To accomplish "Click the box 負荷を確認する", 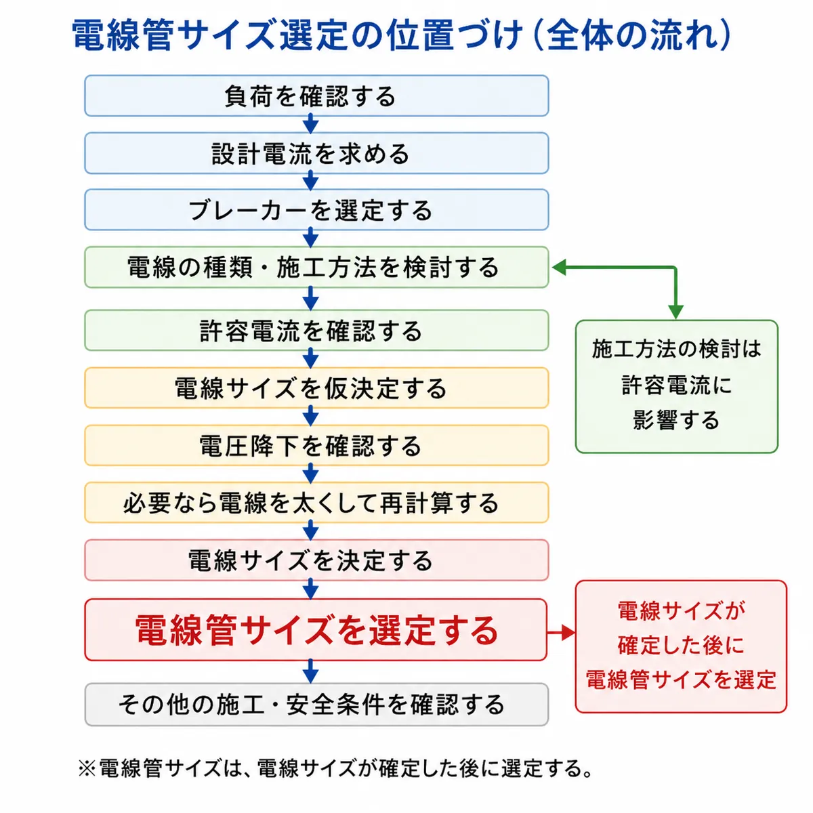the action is pos(316,96).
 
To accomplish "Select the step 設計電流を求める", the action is pos(316,153).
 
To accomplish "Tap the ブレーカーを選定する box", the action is pos(316,209).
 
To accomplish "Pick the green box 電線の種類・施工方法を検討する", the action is pos(316,267).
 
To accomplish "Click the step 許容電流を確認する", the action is pos(316,331).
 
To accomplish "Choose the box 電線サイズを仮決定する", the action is pos(316,388).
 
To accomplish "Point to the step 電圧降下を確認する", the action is pos(316,445).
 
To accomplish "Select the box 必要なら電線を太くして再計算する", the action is pos(316,503).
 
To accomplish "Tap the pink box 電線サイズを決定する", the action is pos(316,560).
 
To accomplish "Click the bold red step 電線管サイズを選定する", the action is pos(316,630).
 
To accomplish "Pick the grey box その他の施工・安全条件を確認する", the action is pos(316,705).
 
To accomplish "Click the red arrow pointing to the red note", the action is pos(561,632).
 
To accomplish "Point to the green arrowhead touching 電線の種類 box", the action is pos(558,267).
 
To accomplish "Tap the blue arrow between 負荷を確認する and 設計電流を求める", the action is pos(310,124).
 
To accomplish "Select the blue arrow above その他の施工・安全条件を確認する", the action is pos(310,671).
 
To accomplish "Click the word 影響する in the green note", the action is pos(676,420).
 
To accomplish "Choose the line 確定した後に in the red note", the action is pos(681,645).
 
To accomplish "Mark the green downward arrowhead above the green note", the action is pos(676,312).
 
